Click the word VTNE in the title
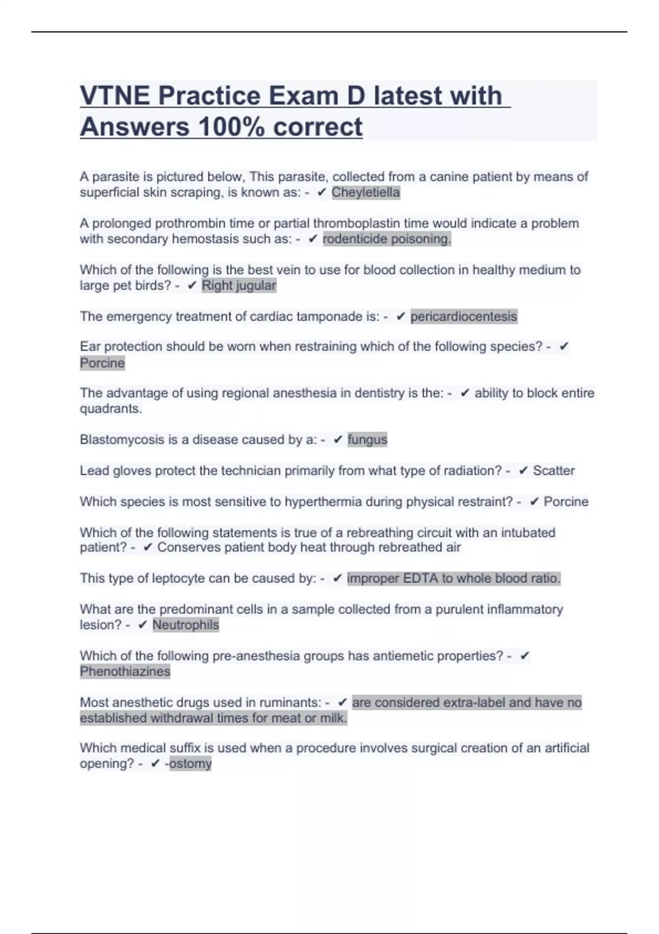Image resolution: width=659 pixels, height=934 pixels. [x=115, y=96]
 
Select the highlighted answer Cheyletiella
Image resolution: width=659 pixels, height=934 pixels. [x=366, y=192]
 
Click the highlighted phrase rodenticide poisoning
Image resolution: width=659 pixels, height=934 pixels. [x=387, y=239]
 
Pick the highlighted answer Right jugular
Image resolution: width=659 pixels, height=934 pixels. [x=239, y=286]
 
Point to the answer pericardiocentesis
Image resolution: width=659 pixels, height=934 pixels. [x=463, y=316]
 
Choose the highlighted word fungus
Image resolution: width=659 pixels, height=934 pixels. [x=367, y=440]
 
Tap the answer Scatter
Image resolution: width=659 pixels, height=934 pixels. [x=554, y=471]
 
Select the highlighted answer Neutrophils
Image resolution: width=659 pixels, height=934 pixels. [x=186, y=625]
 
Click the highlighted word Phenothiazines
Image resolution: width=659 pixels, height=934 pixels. [x=125, y=671]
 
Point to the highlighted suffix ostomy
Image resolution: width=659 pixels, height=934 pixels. [x=191, y=764]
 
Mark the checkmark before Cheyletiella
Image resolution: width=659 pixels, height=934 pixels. [x=322, y=192]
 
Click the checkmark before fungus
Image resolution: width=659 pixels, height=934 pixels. [x=338, y=440]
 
